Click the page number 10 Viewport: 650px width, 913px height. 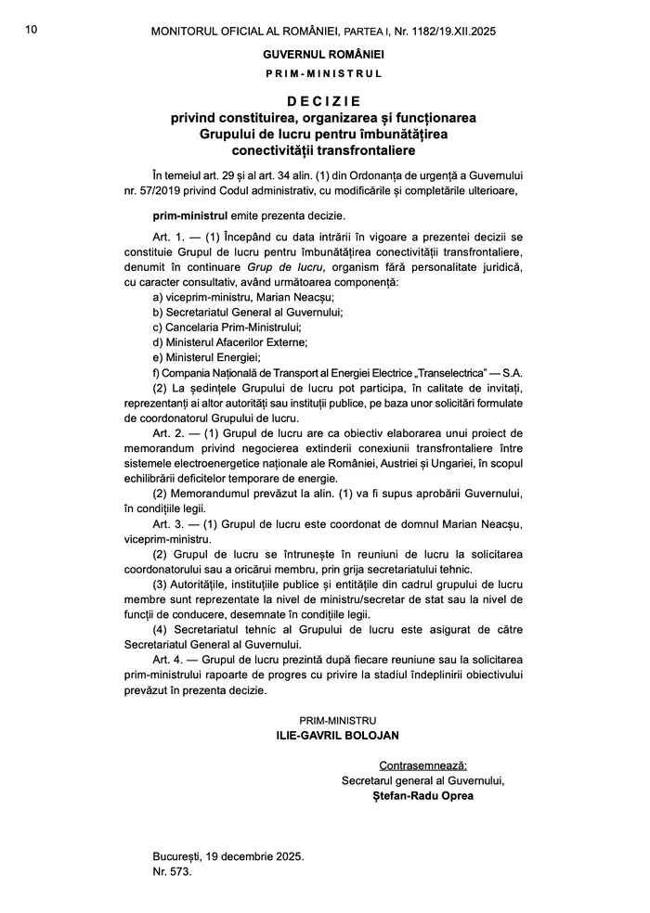tap(32, 31)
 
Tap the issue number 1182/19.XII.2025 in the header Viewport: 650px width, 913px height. tap(442, 31)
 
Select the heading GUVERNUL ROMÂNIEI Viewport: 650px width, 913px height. tap(323, 54)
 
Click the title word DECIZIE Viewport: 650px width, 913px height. tap(323, 100)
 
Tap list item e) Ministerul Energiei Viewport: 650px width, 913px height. tap(206, 357)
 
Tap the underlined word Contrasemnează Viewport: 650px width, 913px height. tap(422, 765)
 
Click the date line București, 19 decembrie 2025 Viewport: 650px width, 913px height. tap(227, 857)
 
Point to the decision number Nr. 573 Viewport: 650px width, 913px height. tap(172, 872)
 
